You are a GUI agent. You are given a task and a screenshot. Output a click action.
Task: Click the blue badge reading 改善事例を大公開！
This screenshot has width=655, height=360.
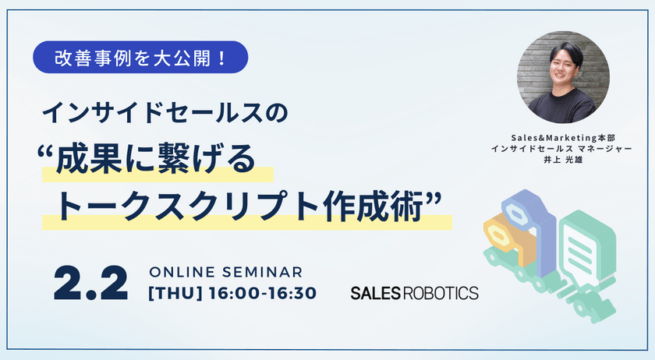(x=140, y=57)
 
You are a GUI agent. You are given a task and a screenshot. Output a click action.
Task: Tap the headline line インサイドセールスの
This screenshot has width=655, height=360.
(x=165, y=112)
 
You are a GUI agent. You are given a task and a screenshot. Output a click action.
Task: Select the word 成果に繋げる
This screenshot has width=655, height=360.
(x=155, y=159)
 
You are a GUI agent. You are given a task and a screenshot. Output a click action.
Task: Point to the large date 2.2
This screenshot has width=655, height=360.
(x=90, y=284)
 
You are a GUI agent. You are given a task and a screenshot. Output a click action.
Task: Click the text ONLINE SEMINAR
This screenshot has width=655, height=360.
(x=225, y=272)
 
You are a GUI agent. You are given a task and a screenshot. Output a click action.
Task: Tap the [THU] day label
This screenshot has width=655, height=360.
(x=175, y=293)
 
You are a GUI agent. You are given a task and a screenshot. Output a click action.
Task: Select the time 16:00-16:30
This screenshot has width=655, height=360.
(x=262, y=293)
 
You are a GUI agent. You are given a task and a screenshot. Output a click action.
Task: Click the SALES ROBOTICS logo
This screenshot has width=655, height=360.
(x=414, y=293)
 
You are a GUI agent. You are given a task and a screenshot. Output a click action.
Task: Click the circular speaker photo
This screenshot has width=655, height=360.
(x=563, y=77)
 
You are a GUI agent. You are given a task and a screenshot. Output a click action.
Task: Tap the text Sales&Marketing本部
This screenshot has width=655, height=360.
(x=563, y=137)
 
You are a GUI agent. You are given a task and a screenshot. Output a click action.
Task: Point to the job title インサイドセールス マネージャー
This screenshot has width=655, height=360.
(x=561, y=149)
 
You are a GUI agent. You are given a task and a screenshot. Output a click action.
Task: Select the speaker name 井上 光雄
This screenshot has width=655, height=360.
(x=563, y=160)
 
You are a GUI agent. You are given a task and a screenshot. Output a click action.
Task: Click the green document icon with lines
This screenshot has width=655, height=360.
(x=586, y=245)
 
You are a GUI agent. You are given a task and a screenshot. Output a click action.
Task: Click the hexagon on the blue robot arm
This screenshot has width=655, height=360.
(x=516, y=215)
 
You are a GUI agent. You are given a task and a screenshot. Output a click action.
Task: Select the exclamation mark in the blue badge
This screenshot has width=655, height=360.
(x=221, y=58)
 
